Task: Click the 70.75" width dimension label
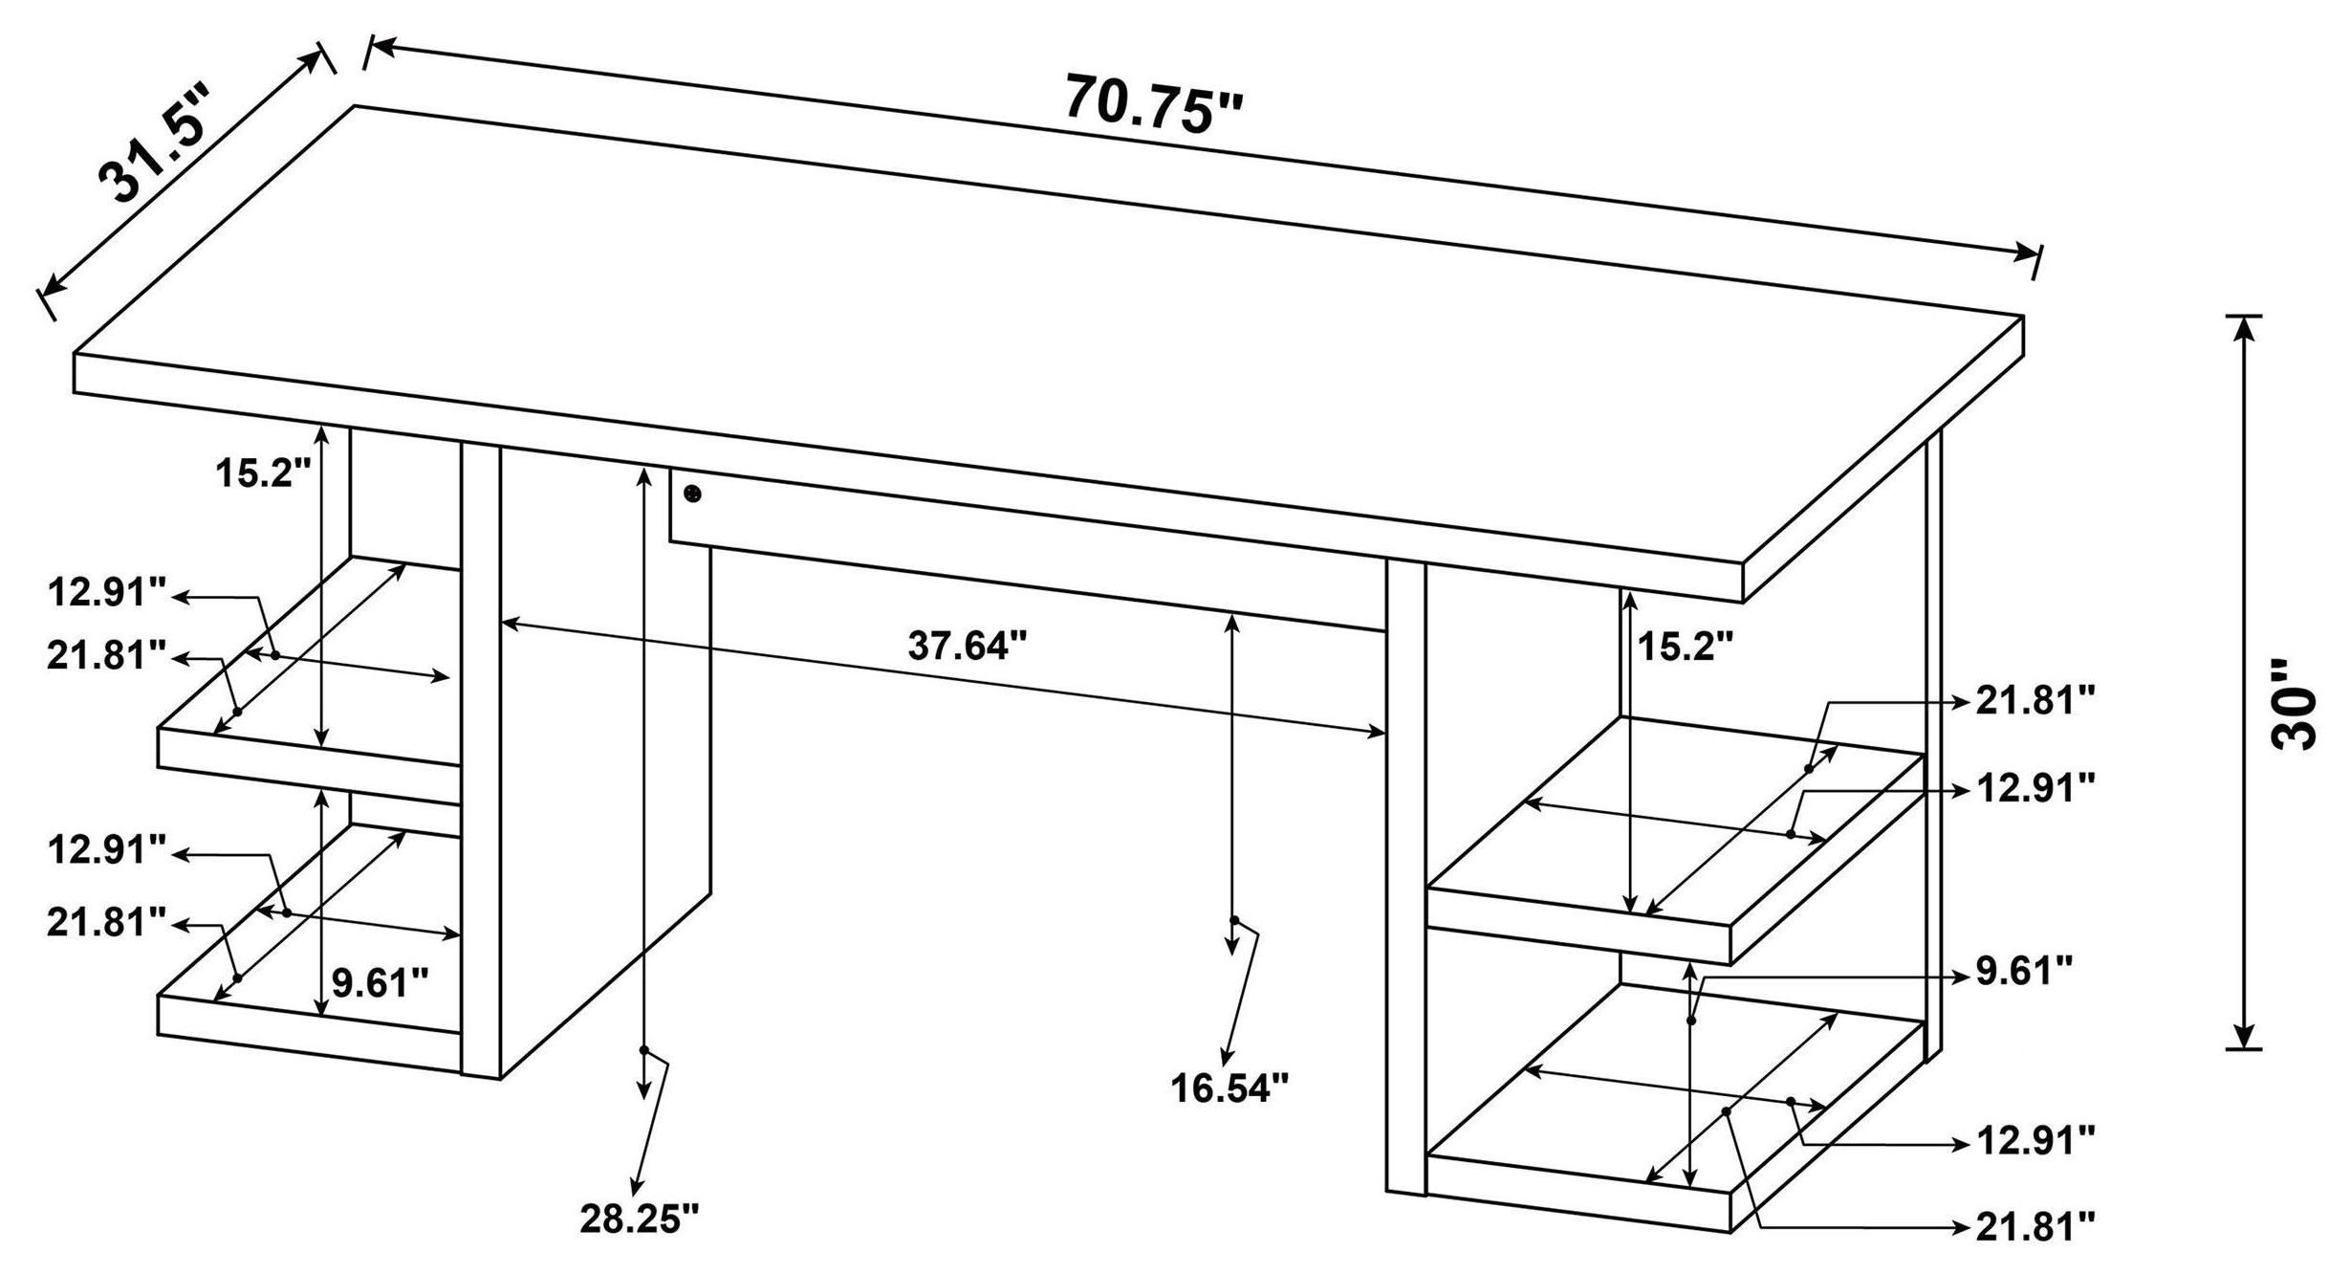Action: (x=1154, y=102)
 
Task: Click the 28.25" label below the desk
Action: (x=640, y=1218)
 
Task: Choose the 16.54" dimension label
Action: (x=1230, y=1087)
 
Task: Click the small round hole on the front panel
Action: (x=693, y=494)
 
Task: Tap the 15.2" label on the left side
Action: (x=263, y=472)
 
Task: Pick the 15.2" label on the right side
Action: (x=1685, y=647)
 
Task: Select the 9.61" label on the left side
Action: (x=380, y=981)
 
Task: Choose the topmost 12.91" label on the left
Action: (x=108, y=593)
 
